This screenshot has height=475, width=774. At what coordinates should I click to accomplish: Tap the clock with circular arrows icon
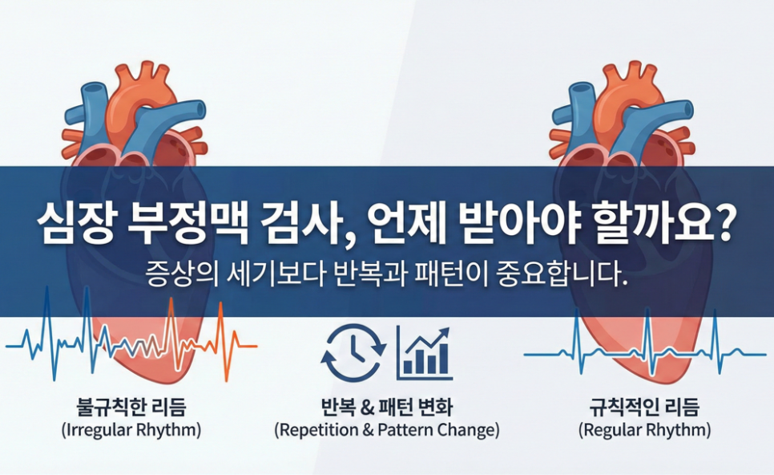coord(353,351)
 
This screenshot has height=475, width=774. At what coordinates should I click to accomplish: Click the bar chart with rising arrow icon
coord(424,352)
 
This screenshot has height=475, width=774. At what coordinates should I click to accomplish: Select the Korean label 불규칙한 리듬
coord(131,408)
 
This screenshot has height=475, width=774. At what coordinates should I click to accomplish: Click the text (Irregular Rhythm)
coord(131,430)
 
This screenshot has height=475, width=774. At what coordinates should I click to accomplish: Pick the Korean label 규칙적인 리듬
coord(645,408)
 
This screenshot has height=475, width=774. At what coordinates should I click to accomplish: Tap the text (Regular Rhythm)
coord(645,430)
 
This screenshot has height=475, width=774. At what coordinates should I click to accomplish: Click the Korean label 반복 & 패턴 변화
coord(386,408)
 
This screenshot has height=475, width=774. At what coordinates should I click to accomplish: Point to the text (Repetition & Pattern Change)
coord(386,430)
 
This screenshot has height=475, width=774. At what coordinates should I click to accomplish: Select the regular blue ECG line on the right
coord(645,354)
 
